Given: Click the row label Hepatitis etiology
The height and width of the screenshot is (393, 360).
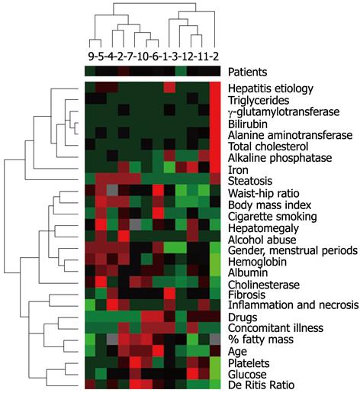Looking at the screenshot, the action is [271, 89].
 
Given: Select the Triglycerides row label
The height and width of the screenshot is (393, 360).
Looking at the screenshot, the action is [259, 100].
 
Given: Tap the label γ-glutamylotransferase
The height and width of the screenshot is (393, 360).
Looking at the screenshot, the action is [284, 112].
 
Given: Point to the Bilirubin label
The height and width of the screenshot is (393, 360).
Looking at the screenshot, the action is [248, 124].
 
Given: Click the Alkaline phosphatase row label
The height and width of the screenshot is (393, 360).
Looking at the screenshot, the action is [280, 158].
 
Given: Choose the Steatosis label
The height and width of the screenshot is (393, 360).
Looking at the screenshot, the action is [250, 181].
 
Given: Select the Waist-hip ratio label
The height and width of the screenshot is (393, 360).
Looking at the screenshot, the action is [264, 193].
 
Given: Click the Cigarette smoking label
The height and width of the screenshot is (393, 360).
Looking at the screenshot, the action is [272, 217].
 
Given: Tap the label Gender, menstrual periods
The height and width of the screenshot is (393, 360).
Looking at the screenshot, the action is [293, 251].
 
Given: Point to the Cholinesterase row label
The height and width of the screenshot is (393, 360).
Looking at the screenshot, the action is [264, 285].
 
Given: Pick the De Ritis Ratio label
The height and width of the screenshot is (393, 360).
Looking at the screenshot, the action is [261, 385].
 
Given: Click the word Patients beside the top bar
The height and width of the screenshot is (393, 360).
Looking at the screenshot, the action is [248, 72].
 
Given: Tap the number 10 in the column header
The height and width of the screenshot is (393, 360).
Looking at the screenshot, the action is [142, 56].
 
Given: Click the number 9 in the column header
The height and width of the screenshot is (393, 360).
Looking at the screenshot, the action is [91, 56].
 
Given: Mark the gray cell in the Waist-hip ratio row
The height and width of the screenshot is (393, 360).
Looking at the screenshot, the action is [113, 189].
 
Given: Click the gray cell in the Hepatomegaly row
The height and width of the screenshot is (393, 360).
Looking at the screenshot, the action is [135, 224].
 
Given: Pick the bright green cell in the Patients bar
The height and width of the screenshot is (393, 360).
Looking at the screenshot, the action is [181, 71].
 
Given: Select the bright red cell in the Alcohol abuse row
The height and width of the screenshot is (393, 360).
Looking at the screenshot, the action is [124, 235].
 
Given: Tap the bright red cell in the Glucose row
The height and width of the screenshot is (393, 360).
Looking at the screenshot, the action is [192, 372].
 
